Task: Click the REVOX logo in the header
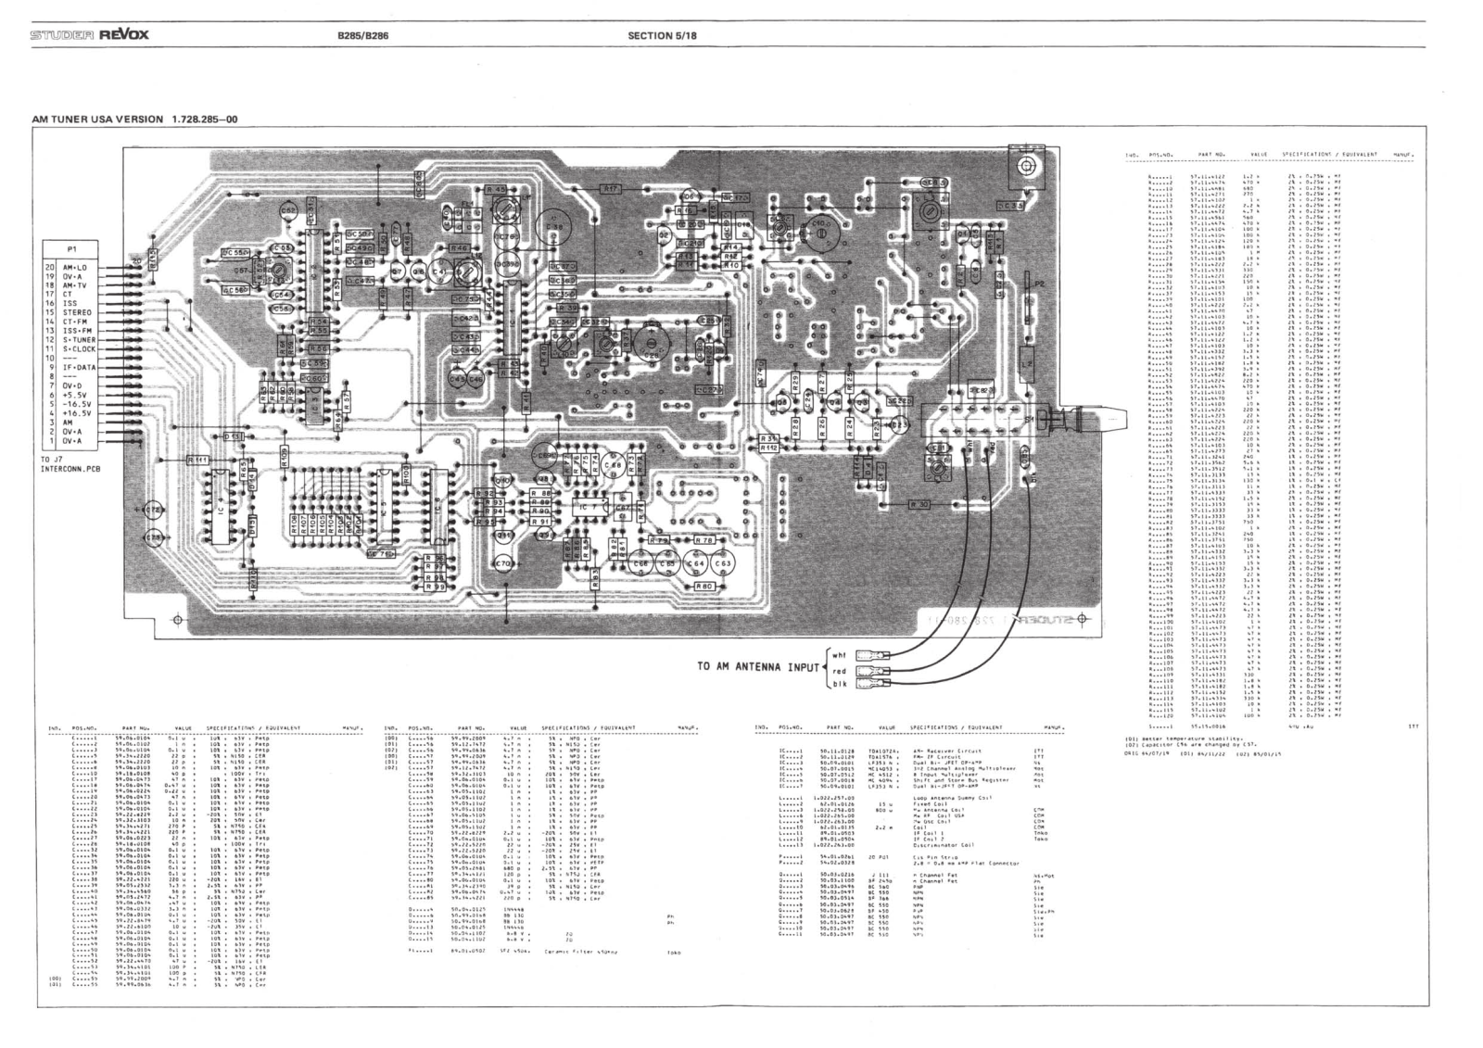click(124, 35)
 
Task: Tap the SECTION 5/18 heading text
click(662, 35)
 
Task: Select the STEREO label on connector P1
click(77, 313)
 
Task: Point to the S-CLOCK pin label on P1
click(79, 349)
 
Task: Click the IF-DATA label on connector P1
click(79, 367)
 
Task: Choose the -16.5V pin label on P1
click(77, 404)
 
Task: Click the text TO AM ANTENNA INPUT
click(758, 667)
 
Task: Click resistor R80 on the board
click(703, 587)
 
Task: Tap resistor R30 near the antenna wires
click(919, 504)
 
